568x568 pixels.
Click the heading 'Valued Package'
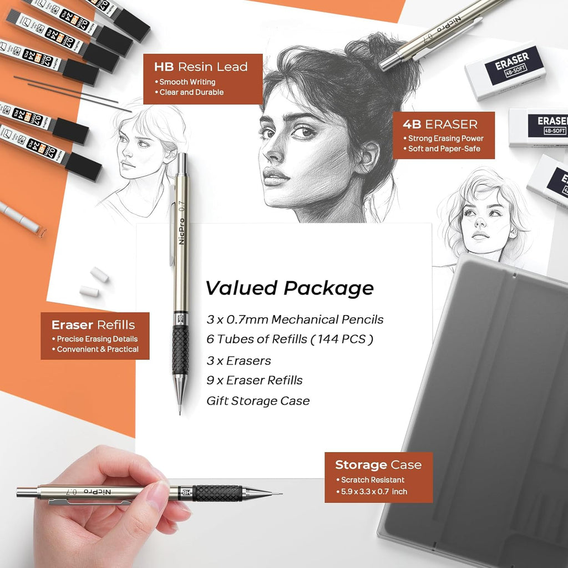290,288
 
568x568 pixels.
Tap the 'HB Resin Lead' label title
201,67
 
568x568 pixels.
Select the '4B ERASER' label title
443,124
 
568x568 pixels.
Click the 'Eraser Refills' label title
93,325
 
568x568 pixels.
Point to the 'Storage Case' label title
378,465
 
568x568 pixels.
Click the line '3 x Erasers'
239,361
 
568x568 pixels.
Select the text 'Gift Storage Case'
258,400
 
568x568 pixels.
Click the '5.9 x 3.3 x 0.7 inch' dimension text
374,491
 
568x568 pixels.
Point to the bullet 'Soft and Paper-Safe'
444,149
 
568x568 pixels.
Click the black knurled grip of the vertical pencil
180,349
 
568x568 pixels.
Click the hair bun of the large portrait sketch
383,53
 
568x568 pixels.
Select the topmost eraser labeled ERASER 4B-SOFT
505,70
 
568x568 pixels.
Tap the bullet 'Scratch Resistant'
373,480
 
